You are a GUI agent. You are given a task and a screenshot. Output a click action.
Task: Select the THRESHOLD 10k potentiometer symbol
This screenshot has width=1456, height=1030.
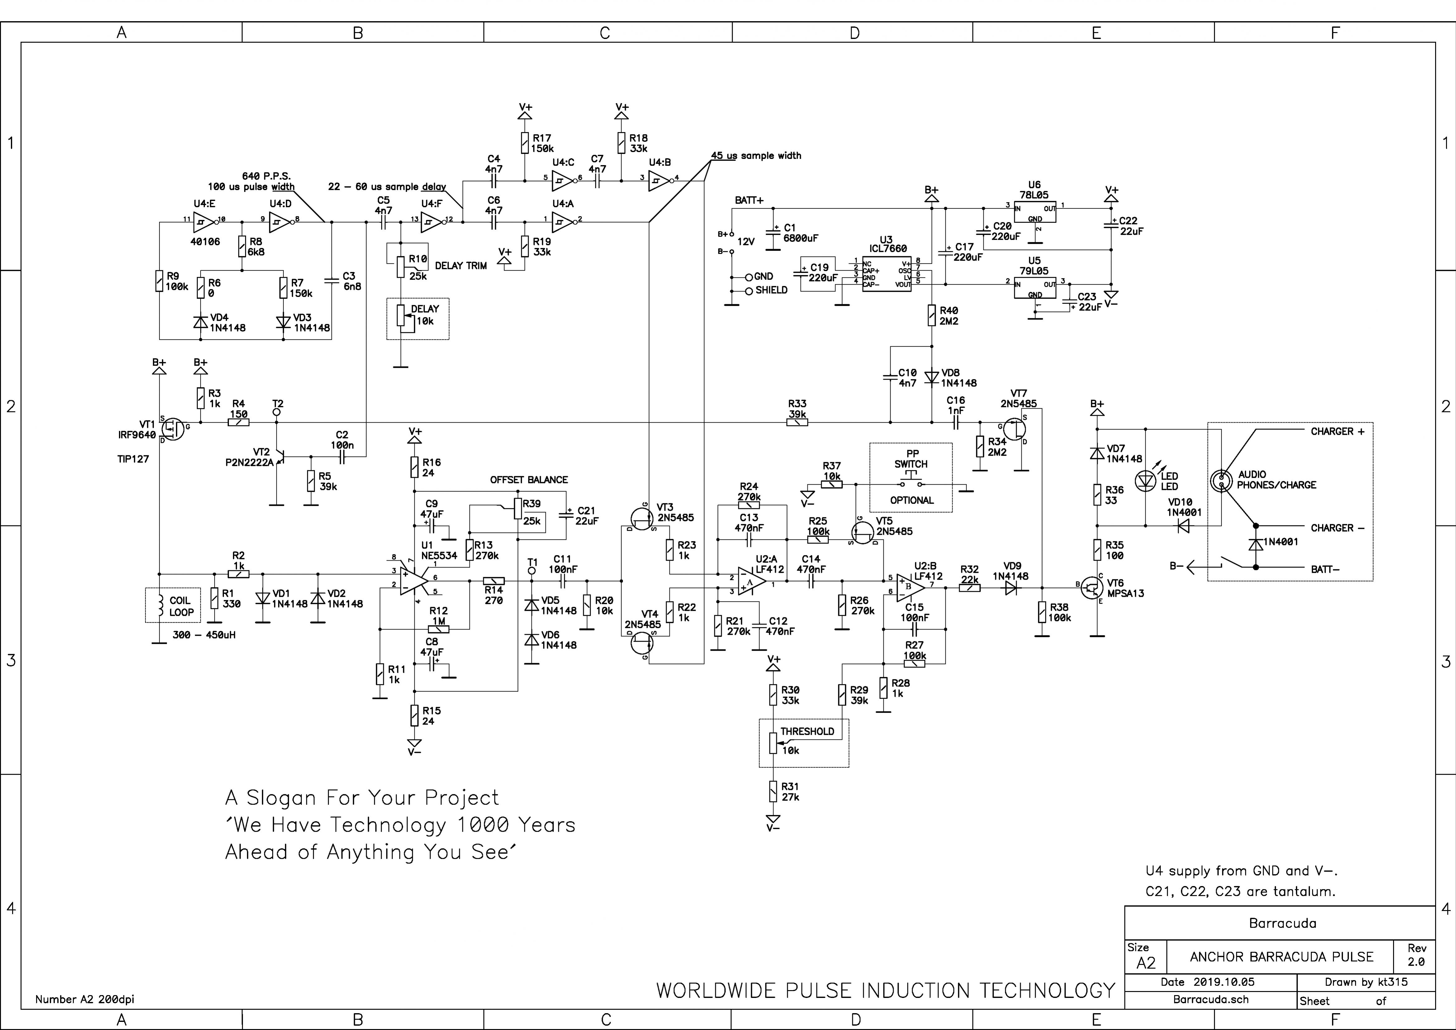pos(773,742)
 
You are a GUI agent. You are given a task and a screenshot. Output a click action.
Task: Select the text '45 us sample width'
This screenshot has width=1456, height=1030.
pos(756,156)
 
